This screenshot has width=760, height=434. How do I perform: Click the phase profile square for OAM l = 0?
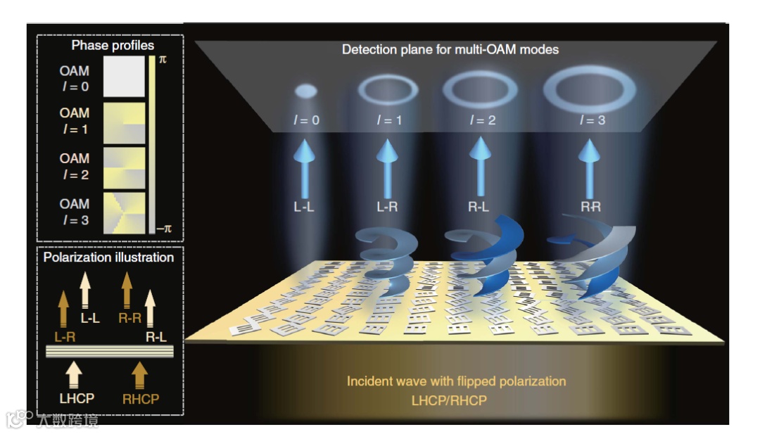124,77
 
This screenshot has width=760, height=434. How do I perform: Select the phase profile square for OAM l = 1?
124,122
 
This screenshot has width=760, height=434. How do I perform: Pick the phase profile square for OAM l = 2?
124,167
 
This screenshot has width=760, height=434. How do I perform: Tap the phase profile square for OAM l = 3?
124,212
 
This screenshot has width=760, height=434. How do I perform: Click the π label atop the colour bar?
163,60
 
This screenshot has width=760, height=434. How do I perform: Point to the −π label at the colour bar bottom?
163,229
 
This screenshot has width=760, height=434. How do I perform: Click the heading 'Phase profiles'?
113,46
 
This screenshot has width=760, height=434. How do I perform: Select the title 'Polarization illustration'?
108,257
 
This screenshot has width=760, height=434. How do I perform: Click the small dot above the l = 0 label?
305,91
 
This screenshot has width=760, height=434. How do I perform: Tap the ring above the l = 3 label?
590,89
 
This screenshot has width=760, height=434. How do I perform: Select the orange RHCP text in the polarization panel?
140,399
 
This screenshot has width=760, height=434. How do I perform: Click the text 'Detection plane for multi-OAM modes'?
450,50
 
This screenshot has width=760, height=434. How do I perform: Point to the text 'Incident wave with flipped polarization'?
456,381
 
